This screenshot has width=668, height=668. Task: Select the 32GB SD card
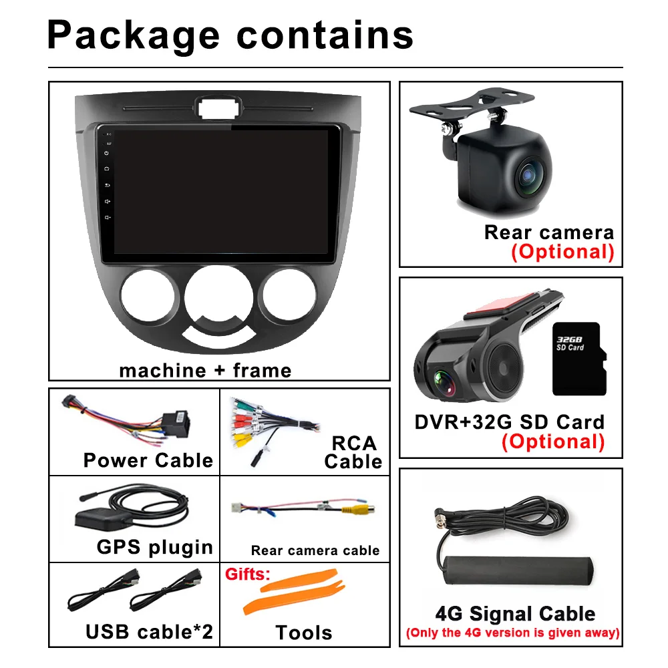(x=578, y=359)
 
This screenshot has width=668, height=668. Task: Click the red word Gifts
(x=247, y=574)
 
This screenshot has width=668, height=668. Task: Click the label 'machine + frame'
(x=205, y=370)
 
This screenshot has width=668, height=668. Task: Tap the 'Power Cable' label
(x=148, y=460)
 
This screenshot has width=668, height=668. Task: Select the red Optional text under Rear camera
(x=562, y=252)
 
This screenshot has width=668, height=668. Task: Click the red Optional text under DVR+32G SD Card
(x=553, y=442)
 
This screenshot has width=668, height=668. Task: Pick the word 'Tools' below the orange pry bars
(x=304, y=632)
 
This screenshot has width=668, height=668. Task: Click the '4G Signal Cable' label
(x=515, y=614)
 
